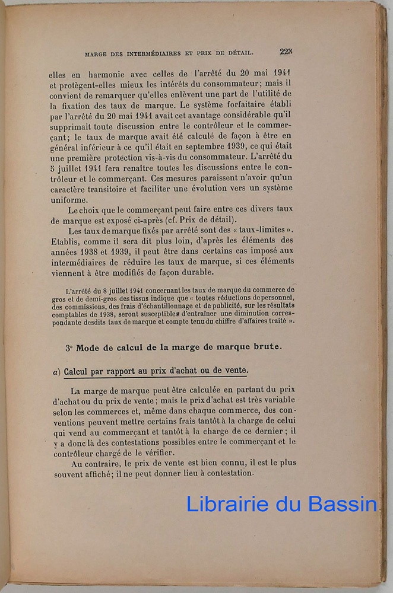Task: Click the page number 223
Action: click(x=286, y=52)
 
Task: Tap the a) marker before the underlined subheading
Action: click(x=56, y=371)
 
